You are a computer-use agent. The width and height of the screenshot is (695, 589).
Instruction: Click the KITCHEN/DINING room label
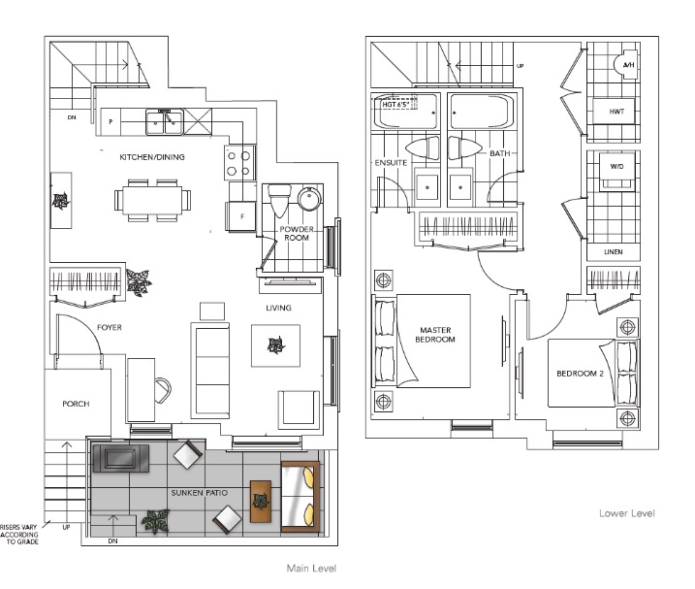pyautogui.click(x=152, y=157)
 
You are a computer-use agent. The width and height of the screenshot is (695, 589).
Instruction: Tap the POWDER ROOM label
pyautogui.click(x=297, y=234)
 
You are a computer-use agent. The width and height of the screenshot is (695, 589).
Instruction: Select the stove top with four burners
pyautogui.click(x=239, y=163)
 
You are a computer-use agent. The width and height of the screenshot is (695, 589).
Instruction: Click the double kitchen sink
pyautogui.click(x=165, y=122)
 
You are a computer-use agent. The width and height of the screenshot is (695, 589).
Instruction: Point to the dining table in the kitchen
pyautogui.click(x=152, y=201)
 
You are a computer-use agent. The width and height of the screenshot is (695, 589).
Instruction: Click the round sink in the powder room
pyautogui.click(x=309, y=198)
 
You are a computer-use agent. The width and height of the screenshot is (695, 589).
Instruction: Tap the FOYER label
pyautogui.click(x=109, y=328)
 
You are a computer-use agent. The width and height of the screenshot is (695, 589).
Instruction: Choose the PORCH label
pyautogui.click(x=76, y=404)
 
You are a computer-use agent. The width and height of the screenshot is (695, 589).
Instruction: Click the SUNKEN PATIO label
pyautogui.click(x=200, y=493)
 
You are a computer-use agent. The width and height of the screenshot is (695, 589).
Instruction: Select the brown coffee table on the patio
pyautogui.click(x=261, y=502)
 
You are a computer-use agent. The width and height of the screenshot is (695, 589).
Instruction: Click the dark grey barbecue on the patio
pyautogui.click(x=120, y=458)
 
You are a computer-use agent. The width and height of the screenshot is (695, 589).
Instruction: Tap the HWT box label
pyautogui.click(x=616, y=112)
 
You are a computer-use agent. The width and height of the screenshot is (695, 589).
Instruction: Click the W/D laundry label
pyautogui.click(x=616, y=167)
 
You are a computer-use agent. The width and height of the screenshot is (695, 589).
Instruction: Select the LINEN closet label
pyautogui.click(x=614, y=252)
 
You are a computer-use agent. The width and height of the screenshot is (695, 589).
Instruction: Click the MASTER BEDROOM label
pyautogui.click(x=435, y=335)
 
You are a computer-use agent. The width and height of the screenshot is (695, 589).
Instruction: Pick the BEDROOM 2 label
pyautogui.click(x=581, y=374)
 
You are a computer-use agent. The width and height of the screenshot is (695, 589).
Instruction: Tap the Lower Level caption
pyautogui.click(x=627, y=513)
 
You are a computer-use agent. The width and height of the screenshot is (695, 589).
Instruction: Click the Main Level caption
pyautogui.click(x=311, y=569)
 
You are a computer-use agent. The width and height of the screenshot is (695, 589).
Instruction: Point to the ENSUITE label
pyautogui.click(x=391, y=163)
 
